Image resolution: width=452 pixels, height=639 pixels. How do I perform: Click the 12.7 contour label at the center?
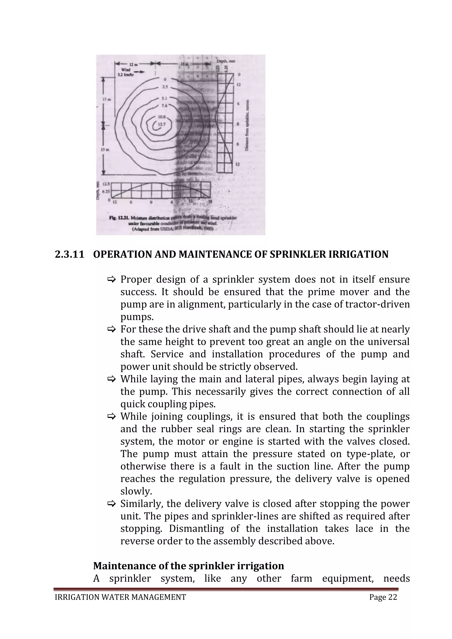point(161,124)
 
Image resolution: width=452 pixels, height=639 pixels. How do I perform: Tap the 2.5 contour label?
point(165,87)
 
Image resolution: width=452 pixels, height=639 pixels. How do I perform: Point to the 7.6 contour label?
point(164,105)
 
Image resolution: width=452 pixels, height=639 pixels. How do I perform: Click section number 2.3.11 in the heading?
point(69,254)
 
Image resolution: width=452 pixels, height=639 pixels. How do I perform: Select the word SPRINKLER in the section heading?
point(298,254)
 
